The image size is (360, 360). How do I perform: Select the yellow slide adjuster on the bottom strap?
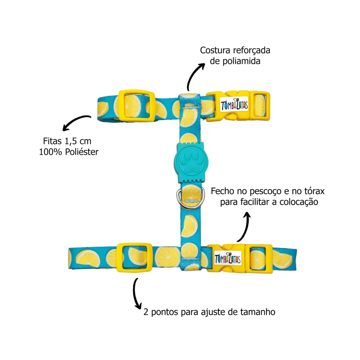tap(135, 257)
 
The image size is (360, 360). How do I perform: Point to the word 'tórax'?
tap(313, 192)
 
